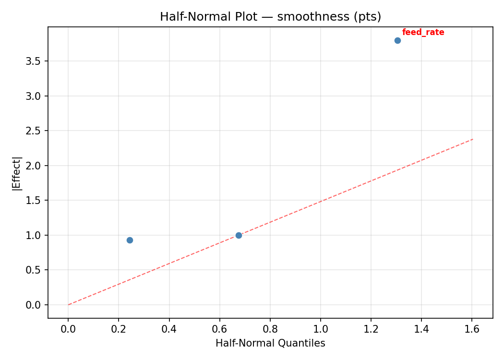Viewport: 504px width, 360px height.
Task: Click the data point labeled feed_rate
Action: tap(397, 40)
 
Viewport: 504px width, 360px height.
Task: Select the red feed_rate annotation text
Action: tap(423, 32)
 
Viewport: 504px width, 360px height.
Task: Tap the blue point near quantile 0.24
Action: tap(130, 240)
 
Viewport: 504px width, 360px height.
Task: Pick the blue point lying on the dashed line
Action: tap(239, 235)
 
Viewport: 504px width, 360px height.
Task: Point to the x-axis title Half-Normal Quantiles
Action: tap(270, 343)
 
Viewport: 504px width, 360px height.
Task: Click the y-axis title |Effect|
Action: tap(17, 173)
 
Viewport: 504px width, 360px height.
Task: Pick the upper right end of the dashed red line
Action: tap(473, 139)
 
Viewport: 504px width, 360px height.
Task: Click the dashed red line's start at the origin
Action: tap(69, 304)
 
